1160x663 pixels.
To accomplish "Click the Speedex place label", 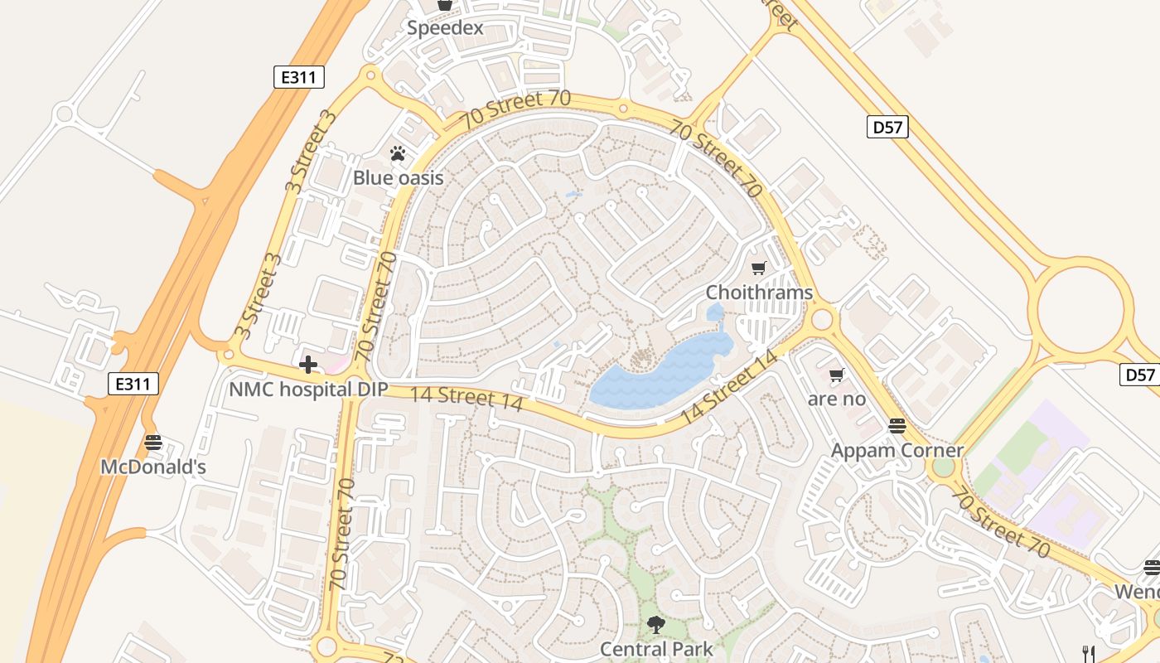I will pos(445,28).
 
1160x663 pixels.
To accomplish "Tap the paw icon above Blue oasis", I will pos(399,153).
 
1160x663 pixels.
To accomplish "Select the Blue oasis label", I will pos(399,177).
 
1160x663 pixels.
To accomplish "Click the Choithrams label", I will pos(759,293).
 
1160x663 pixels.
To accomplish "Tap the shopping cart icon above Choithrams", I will pos(758,268).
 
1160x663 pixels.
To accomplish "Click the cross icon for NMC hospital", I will pos(308,365).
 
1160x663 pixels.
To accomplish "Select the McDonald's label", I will pos(153,467).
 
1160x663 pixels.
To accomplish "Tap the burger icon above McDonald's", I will pos(152,443).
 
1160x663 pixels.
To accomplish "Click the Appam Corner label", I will pos(897,450).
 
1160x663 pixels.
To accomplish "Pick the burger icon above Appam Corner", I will pos(897,426).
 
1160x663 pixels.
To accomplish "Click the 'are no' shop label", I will pos(837,399).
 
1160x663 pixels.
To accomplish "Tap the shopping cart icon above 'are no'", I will pos(837,375).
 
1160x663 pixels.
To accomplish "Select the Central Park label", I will pos(656,648).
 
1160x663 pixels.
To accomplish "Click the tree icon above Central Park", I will pos(656,624).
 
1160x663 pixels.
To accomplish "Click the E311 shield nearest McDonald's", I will pos(133,384).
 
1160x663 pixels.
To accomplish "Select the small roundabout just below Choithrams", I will pos(822,318).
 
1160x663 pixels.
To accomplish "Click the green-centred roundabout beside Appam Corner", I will pos(943,467).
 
